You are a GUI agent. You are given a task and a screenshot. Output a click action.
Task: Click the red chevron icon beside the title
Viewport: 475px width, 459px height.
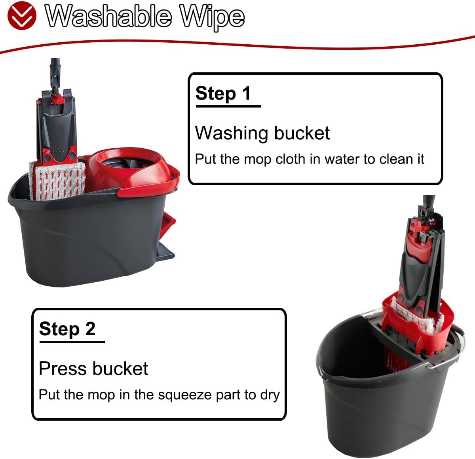(x=22, y=15)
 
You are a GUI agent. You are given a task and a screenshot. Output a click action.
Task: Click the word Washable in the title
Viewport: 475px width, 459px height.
(x=108, y=16)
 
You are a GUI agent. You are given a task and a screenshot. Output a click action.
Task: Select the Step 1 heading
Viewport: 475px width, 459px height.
(x=223, y=93)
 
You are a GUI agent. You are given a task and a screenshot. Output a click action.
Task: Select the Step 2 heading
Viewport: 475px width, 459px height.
(x=67, y=329)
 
